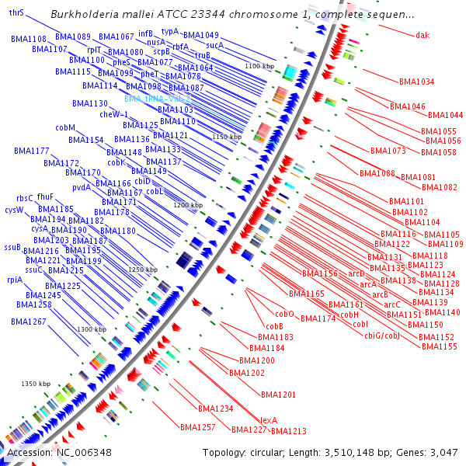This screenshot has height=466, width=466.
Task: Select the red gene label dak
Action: tap(422, 35)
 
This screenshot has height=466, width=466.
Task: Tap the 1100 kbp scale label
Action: tap(259, 67)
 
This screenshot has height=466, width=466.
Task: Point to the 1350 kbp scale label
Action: tap(35, 384)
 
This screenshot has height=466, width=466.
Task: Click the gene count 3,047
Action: tap(445, 453)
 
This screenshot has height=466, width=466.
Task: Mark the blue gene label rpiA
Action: tap(15, 280)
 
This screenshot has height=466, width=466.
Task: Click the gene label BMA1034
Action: tap(416, 82)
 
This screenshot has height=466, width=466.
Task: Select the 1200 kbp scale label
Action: tap(187, 205)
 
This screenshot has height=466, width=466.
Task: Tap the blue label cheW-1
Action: tap(113, 114)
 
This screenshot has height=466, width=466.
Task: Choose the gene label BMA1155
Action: tap(437, 346)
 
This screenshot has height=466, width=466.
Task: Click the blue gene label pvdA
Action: tap(82, 187)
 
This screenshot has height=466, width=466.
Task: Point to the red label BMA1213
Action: tap(288, 431)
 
